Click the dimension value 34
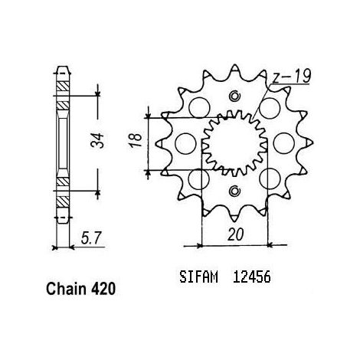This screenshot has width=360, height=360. point(98,140)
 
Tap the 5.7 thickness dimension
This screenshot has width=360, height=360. point(91,237)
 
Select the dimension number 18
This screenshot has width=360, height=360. point(136,140)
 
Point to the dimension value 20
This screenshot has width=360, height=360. point(235,234)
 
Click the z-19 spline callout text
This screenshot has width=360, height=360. point(292,76)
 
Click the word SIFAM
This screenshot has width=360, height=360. point(198,277)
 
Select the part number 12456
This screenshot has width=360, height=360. point(251,277)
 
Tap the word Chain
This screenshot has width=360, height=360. point(66,289)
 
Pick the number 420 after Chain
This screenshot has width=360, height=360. point(103,289)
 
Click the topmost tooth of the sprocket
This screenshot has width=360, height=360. point(234,70)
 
